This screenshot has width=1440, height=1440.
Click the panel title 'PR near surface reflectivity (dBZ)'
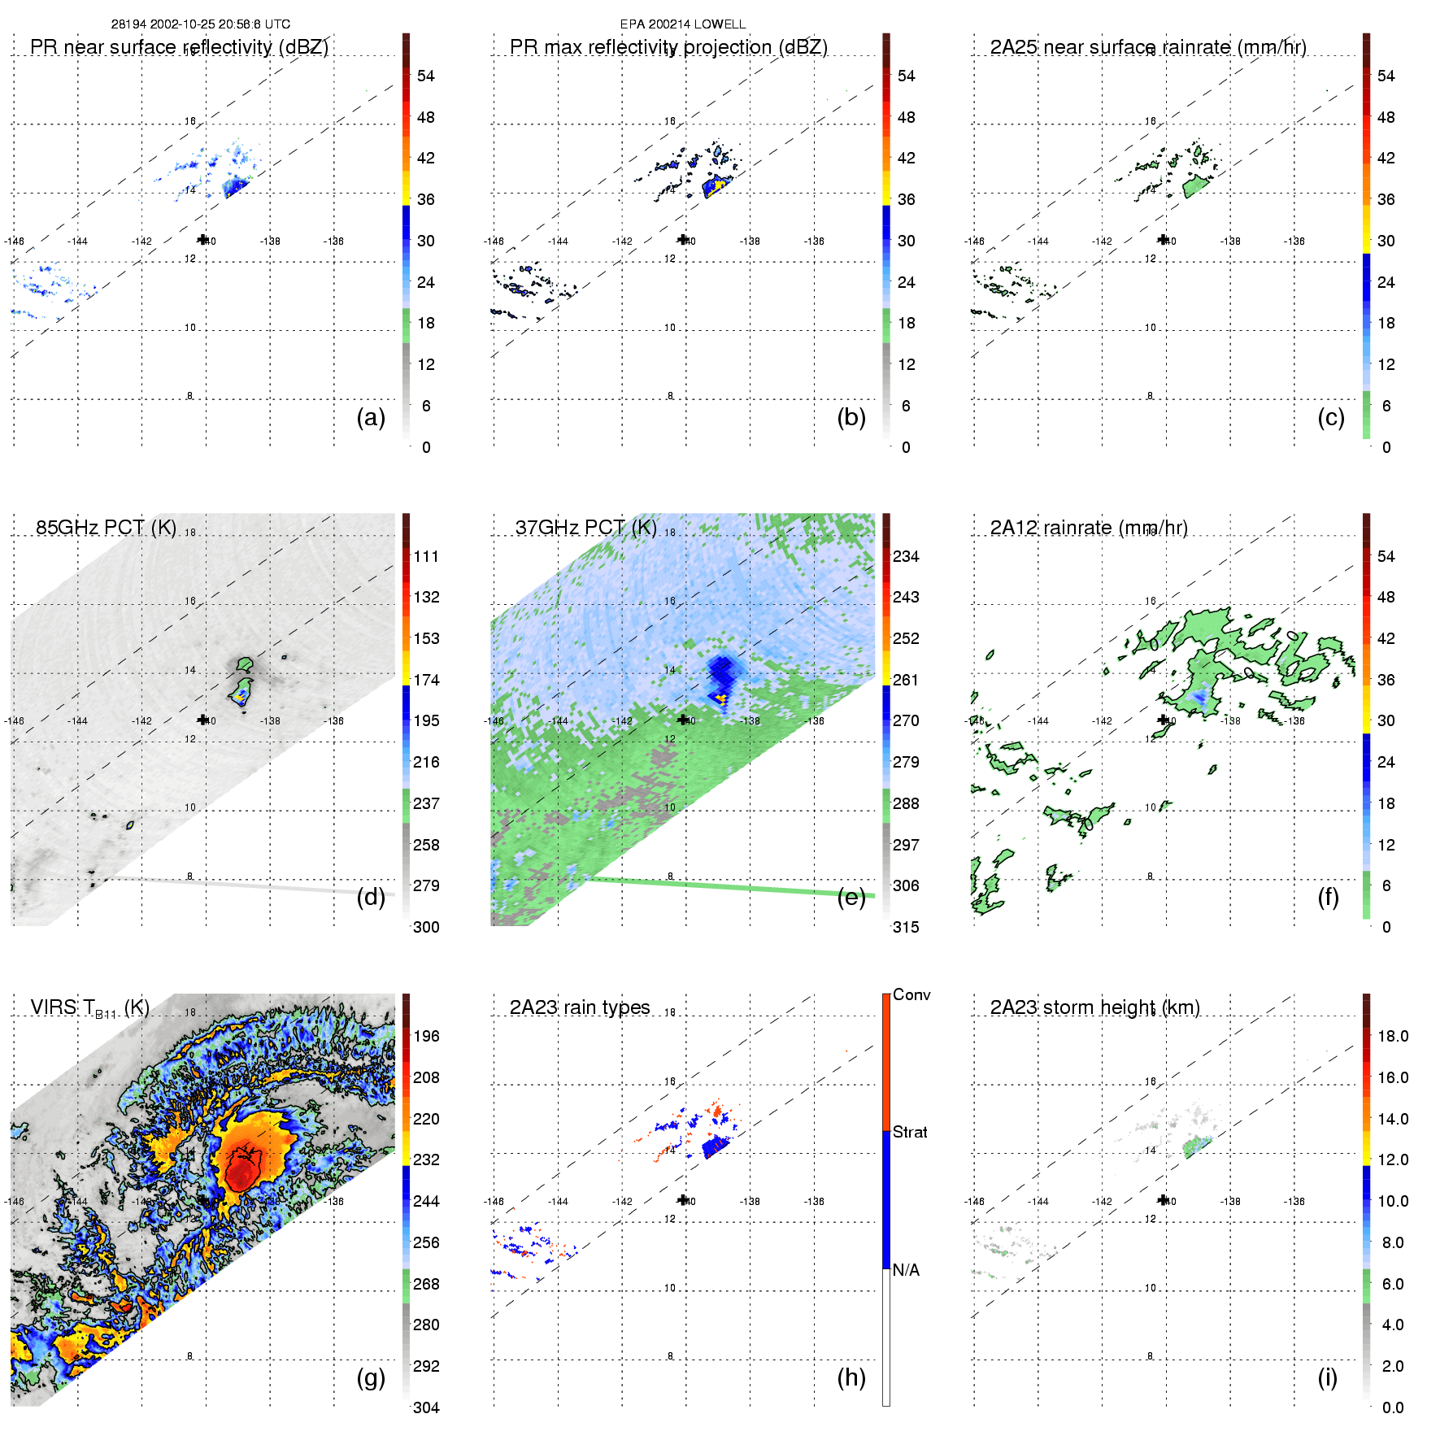point(179,47)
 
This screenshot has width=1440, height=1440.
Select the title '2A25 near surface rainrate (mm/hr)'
point(1147,47)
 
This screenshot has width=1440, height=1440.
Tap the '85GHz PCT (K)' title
point(106,527)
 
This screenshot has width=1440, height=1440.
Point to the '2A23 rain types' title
point(579,1007)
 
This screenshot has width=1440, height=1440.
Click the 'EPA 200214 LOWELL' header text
point(682,24)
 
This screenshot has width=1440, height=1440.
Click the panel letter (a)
point(371,417)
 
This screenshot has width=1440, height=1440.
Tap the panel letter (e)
point(851,897)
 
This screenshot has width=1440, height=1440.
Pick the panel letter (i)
point(1327,1377)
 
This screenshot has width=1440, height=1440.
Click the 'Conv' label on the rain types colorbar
point(911,994)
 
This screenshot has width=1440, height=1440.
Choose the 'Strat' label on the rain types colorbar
point(910,1132)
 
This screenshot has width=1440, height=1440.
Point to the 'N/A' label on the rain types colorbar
point(906,1270)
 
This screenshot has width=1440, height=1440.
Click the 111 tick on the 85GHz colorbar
point(426,556)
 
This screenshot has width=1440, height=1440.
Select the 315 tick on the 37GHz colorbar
point(906,927)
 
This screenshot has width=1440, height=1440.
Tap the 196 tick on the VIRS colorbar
point(426,1036)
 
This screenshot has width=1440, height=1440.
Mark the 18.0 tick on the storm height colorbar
point(1392,1036)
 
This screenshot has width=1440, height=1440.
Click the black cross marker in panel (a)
point(202,239)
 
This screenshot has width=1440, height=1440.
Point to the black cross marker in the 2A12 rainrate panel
point(1164,720)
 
